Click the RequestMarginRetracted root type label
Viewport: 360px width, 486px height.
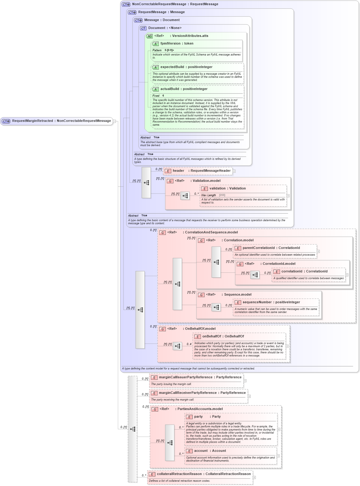61,121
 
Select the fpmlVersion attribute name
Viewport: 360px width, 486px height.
176,44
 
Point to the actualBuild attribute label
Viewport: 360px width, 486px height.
184,89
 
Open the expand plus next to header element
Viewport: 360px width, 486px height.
234,171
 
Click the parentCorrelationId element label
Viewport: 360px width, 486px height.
271,248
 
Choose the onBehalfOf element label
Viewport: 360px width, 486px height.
223,337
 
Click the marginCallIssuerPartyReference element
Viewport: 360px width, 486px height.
200,377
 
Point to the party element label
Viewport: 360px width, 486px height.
207,417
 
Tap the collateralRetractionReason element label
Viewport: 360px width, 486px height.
204,474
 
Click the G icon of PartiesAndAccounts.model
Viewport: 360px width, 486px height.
155,409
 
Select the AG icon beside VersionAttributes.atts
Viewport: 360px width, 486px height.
149,36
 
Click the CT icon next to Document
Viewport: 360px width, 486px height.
143,28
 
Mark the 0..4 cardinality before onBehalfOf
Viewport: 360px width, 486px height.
189,344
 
